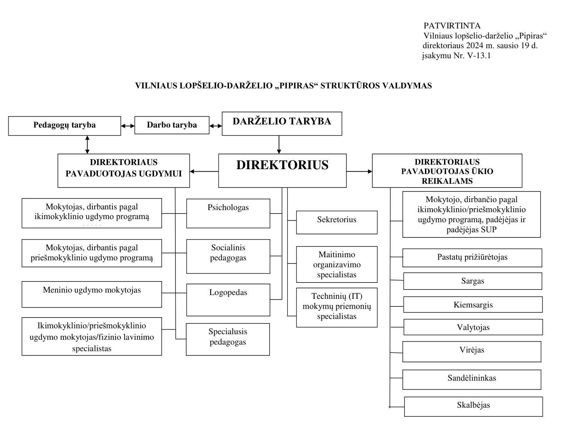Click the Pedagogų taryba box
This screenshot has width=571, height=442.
coord(64,126)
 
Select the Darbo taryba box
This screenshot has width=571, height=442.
coord(172,125)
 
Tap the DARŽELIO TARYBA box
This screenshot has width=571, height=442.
coord(282,124)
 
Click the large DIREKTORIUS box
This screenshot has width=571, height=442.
coord(282,171)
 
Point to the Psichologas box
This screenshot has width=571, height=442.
coord(228,213)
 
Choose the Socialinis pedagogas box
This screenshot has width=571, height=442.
coord(228,256)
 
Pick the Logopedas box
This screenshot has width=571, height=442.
coord(228,300)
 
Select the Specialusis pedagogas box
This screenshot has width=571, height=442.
coord(228,339)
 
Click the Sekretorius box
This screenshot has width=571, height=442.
coord(337,222)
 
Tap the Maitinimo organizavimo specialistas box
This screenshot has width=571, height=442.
coord(337,264)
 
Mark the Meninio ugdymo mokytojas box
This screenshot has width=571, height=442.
coord(92,294)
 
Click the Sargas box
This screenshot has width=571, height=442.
coord(472,281)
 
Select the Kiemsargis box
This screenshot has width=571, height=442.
coord(473,305)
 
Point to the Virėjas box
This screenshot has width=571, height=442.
coord(472,352)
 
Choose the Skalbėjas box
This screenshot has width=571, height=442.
coord(473,407)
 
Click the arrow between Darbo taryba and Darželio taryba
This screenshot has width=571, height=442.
coord(216,126)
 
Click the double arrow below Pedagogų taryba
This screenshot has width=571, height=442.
coord(88,145)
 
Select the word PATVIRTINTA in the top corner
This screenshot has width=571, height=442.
coord(452,26)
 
